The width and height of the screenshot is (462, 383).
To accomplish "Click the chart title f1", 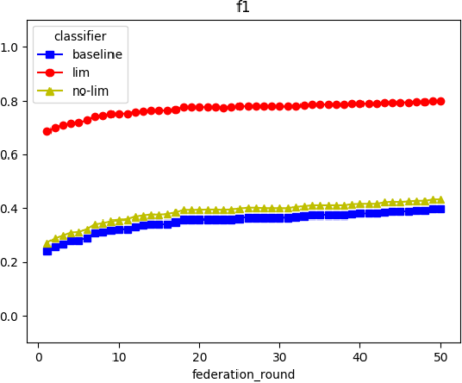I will tap(243, 9).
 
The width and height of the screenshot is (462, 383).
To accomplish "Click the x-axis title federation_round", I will tap(243, 374).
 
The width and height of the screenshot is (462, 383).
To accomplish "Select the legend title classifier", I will tap(79, 36).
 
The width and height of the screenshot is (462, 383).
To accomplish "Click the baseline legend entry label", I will tap(97, 54).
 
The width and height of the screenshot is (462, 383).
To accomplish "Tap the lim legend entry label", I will tap(80, 73).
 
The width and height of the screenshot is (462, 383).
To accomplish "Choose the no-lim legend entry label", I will tap(89, 91).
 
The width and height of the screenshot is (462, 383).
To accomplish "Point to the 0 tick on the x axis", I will tap(39, 356).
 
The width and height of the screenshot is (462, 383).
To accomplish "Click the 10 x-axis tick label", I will tap(119, 356).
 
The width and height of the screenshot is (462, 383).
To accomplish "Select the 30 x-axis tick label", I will tap(279, 356).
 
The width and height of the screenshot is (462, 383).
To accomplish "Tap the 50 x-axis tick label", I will tap(440, 356).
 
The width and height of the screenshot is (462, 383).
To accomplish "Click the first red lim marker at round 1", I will tap(47, 131).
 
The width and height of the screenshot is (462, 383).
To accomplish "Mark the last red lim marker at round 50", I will tap(440, 101).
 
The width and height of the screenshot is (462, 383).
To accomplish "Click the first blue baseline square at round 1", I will tap(47, 251).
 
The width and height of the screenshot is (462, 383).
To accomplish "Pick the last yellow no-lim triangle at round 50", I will tap(440, 199).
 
